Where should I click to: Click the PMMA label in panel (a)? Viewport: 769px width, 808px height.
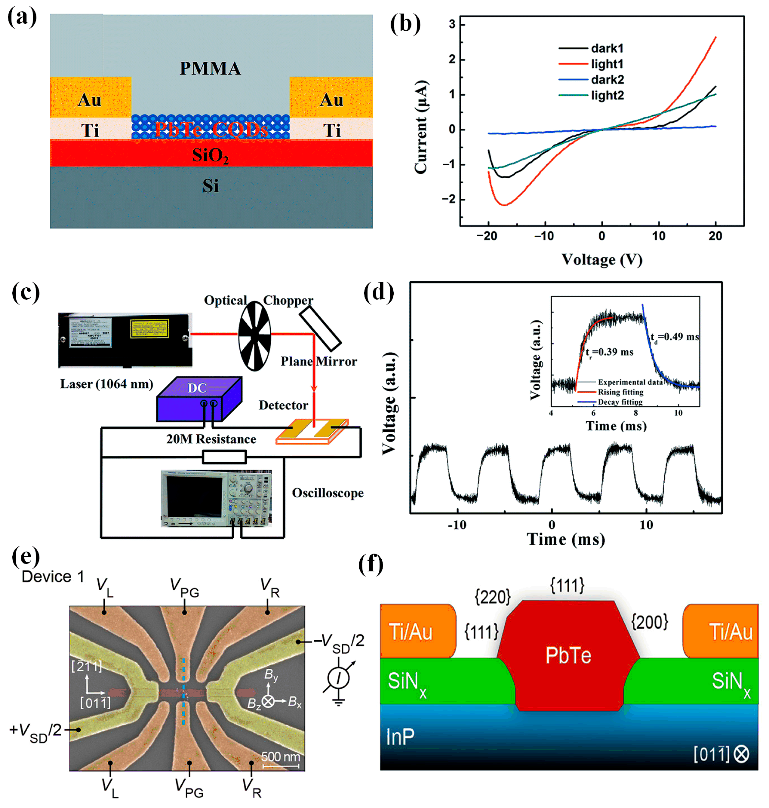(210, 69)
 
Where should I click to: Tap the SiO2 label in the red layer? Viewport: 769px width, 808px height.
(210, 156)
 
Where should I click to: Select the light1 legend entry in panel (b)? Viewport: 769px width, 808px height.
(607, 64)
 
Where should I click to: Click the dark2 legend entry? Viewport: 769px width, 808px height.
(607, 80)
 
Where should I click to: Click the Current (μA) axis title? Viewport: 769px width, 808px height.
(421, 127)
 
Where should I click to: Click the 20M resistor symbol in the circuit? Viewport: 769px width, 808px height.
(224, 457)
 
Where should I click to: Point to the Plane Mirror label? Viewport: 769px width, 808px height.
(318, 361)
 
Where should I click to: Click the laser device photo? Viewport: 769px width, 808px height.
(125, 340)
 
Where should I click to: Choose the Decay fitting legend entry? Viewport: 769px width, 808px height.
(620, 402)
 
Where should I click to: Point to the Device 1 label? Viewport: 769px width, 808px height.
(52, 577)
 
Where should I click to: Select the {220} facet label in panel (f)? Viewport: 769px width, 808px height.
(492, 597)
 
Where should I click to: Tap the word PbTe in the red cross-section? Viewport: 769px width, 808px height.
(568, 655)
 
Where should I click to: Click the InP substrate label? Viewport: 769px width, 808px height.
(400, 737)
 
